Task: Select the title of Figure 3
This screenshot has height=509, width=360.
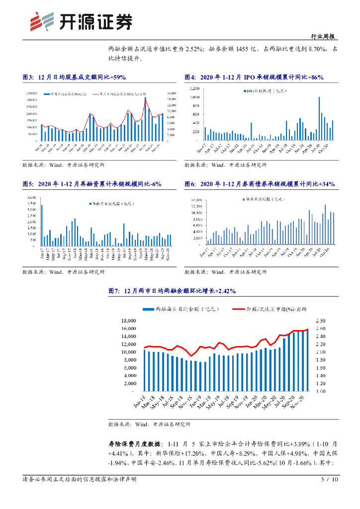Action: pos(75,77)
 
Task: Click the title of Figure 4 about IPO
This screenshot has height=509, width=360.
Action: pos(254,77)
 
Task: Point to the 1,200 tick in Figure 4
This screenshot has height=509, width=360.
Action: pos(194,88)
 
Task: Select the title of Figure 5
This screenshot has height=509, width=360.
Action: pos(91,184)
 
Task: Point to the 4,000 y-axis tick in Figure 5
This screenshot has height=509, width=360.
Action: pos(31,198)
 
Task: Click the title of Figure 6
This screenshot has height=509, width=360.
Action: pos(259,184)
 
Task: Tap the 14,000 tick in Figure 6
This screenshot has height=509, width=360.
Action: pos(195,200)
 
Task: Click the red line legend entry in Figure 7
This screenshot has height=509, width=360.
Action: pos(271,309)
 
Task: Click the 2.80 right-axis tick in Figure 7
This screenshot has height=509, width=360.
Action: pos(319,321)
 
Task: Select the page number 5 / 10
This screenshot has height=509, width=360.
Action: pos(330,480)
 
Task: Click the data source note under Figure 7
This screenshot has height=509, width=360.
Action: pos(149,424)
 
